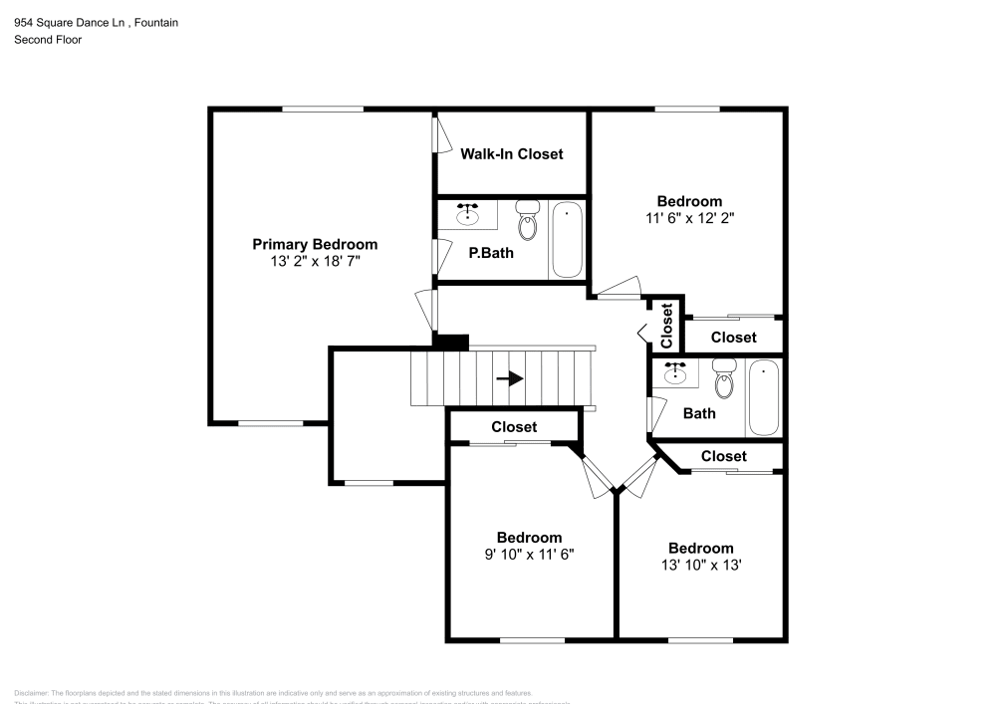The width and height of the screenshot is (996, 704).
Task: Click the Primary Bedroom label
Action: (x=315, y=244)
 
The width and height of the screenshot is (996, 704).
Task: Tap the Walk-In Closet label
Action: (x=511, y=153)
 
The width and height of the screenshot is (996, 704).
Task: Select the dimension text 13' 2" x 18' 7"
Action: (x=315, y=261)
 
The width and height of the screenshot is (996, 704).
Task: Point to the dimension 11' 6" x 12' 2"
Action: (x=689, y=217)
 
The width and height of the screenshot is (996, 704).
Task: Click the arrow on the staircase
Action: (x=510, y=378)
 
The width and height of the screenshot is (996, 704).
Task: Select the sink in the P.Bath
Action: (x=468, y=214)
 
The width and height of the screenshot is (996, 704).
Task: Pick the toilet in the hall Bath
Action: (x=725, y=379)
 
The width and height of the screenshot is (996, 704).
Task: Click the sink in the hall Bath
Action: (x=677, y=374)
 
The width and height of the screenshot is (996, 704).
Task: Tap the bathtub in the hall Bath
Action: (x=764, y=397)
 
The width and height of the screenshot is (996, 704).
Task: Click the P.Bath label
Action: (x=491, y=253)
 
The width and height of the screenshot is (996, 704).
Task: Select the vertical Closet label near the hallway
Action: (x=666, y=324)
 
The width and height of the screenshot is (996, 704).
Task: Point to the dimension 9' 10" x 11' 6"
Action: (x=529, y=554)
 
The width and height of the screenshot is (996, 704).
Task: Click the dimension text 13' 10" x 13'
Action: (x=701, y=565)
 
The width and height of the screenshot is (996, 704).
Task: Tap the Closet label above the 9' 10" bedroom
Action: (x=514, y=426)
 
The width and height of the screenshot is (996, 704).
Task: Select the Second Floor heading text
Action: (x=48, y=40)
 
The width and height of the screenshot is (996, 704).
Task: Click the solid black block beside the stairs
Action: (x=450, y=341)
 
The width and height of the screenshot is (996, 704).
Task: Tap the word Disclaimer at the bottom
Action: (x=31, y=693)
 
